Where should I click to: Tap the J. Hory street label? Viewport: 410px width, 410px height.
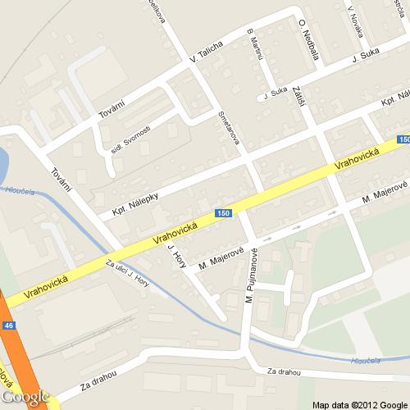click(175, 257)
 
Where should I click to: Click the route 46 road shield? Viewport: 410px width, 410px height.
click(9, 326)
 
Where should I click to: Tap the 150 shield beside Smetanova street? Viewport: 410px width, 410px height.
click(223, 213)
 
